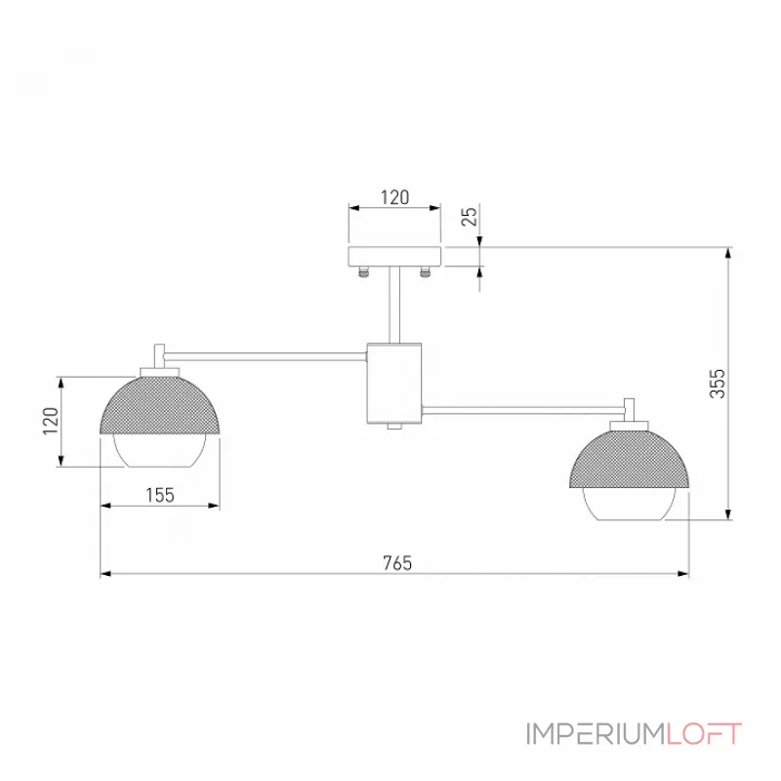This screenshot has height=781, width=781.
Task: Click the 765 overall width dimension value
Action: coord(397,563)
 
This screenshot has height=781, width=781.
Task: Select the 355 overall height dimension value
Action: coord(718,384)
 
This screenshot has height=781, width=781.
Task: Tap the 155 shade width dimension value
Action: coord(160,495)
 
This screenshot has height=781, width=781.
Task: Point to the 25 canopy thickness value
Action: coord(470,216)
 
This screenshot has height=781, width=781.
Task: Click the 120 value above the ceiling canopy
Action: coord(395,197)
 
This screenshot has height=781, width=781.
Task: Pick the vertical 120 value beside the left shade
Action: coord(51,421)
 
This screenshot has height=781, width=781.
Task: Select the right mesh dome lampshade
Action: coord(629,458)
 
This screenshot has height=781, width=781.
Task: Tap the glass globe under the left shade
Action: coord(160,450)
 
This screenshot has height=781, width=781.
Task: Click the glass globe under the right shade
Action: coord(629,504)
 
